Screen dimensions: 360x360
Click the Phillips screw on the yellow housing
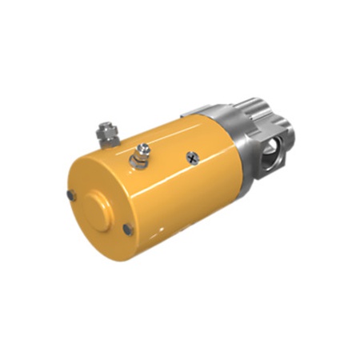pos(192,157)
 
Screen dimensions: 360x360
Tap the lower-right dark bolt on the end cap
pos(128,230)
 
